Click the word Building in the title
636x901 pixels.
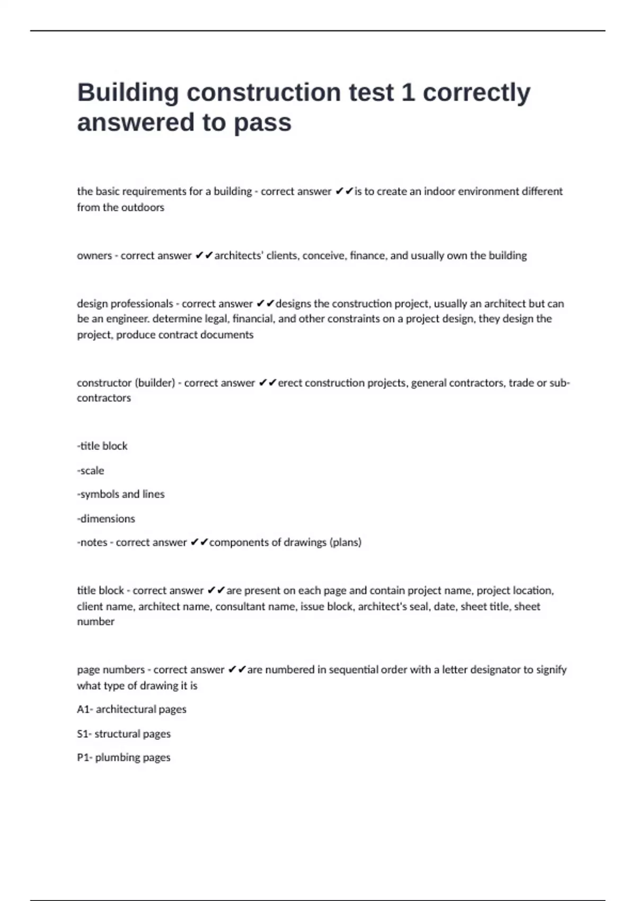(x=128, y=93)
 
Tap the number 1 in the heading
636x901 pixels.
(x=408, y=92)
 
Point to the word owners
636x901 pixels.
(x=94, y=255)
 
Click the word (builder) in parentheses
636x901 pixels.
(x=154, y=383)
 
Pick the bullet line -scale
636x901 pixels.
(x=91, y=471)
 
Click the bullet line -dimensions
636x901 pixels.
(x=106, y=519)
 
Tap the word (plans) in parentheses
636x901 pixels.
(x=345, y=542)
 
